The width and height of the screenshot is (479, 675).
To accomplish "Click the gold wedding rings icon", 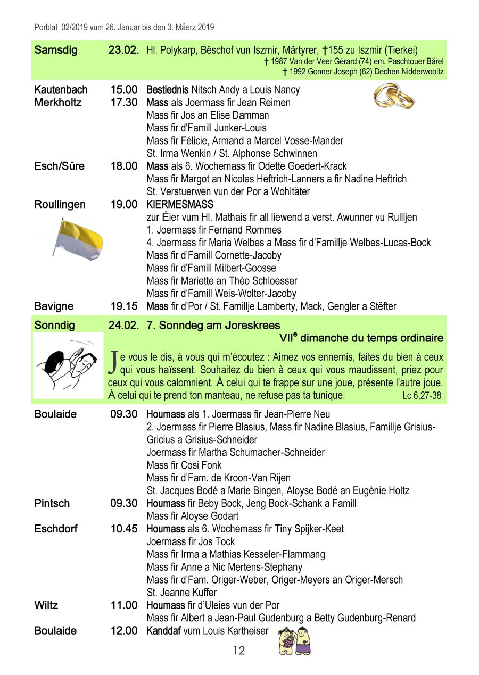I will pyautogui.click(x=394, y=96).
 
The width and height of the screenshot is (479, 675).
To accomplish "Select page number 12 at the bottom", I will pyautogui.click(x=239, y=651).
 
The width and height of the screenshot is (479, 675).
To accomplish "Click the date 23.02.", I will pyautogui.click(x=123, y=51).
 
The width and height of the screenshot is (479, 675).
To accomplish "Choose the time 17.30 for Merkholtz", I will pyautogui.click(x=124, y=103).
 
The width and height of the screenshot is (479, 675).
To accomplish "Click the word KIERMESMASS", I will pyautogui.click(x=180, y=204).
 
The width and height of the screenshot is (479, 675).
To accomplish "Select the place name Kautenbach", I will pyautogui.click(x=61, y=90).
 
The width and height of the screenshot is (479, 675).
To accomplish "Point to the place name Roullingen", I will pyautogui.click(x=60, y=204).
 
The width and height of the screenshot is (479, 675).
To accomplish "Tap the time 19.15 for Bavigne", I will pyautogui.click(x=124, y=306).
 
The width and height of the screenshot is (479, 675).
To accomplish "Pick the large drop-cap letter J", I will pyautogui.click(x=113, y=362).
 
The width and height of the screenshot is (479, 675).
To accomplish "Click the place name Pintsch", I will pyautogui.click(x=52, y=503).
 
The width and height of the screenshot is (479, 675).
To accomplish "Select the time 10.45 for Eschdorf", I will pyautogui.click(x=124, y=529).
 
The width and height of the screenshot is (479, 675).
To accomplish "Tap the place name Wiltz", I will pyautogui.click(x=46, y=605).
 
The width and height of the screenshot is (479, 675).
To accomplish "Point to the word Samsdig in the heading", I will pyautogui.click(x=55, y=51).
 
